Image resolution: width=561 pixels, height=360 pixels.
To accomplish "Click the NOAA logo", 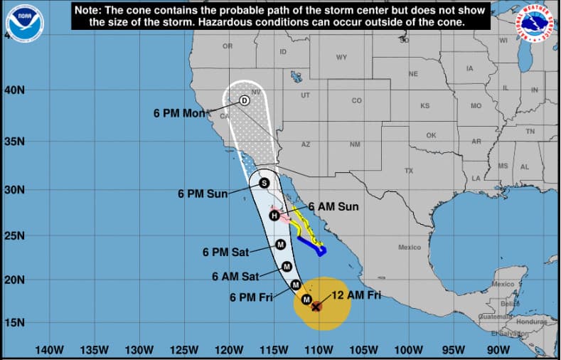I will click(24, 23).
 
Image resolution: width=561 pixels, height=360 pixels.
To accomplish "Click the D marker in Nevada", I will click(244, 101).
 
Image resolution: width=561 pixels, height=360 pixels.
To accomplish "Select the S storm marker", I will click(264, 183).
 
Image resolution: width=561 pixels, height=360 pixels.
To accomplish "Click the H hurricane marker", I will click(274, 216).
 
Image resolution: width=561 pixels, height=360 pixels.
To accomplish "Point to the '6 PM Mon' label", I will click(178, 113).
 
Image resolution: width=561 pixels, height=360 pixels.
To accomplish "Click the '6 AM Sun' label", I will click(333, 207).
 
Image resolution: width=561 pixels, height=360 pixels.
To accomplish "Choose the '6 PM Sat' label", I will click(227, 252).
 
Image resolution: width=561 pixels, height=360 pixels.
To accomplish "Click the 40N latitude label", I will click(16, 90).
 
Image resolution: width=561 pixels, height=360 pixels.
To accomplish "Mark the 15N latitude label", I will click(16, 323).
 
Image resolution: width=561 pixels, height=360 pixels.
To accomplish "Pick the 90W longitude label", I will click(498, 350).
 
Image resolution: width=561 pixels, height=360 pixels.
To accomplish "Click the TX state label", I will click(409, 171).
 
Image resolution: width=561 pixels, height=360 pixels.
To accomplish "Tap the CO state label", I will click(356, 100).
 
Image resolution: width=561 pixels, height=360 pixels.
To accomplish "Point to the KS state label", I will click(424, 106).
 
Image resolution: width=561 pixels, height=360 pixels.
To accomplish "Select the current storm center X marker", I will click(316, 307).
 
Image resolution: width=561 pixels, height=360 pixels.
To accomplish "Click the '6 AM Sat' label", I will click(236, 276).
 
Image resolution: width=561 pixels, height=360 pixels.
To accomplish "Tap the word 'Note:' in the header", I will click(91, 10).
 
